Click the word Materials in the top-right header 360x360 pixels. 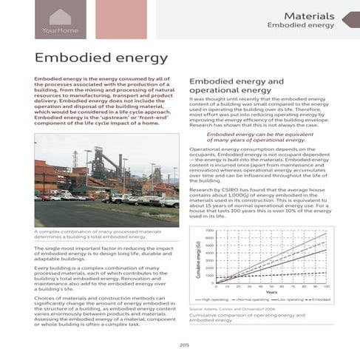click(310, 16)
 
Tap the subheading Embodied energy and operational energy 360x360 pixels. click(237, 86)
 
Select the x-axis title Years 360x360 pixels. click(271, 291)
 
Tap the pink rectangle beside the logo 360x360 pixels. click(122, 20)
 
